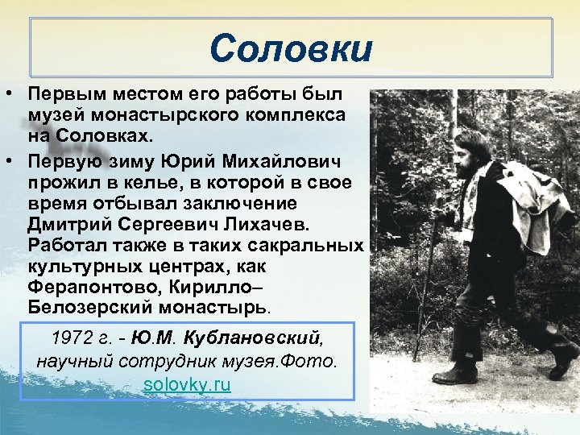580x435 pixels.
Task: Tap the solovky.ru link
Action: [187, 384]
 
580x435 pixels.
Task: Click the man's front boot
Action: [455, 375]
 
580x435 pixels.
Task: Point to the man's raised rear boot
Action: [565, 359]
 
